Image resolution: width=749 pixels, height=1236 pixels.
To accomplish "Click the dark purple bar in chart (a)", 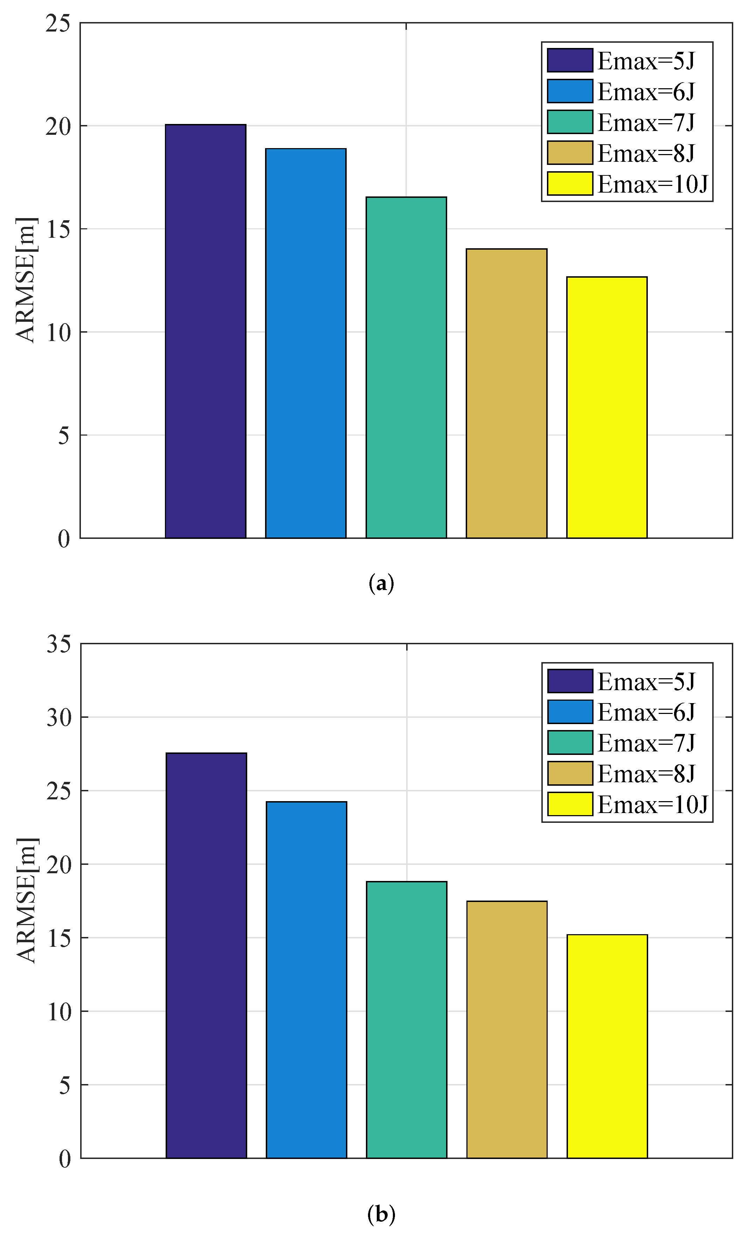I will (205, 331).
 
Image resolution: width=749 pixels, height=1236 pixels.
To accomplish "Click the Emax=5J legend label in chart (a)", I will (646, 61).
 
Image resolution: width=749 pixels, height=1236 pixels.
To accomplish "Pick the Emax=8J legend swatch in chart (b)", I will (570, 773).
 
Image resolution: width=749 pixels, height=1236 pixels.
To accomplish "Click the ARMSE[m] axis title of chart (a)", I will (25, 280).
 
